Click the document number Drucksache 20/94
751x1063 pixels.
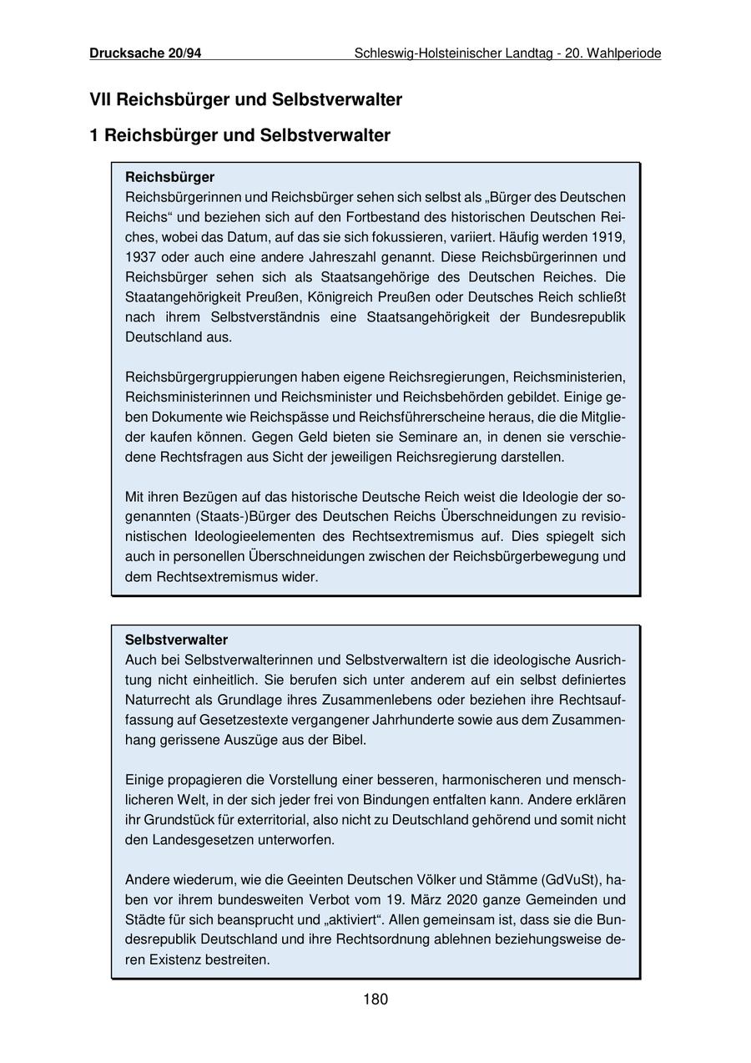(145, 53)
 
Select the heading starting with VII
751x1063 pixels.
(245, 100)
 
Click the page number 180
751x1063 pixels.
(375, 1000)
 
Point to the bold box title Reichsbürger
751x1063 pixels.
(169, 177)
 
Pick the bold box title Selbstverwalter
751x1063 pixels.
(176, 640)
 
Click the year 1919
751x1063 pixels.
(608, 237)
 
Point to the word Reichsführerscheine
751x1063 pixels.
(421, 417)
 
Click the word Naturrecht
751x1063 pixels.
(156, 700)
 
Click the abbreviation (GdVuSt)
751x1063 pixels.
(571, 879)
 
